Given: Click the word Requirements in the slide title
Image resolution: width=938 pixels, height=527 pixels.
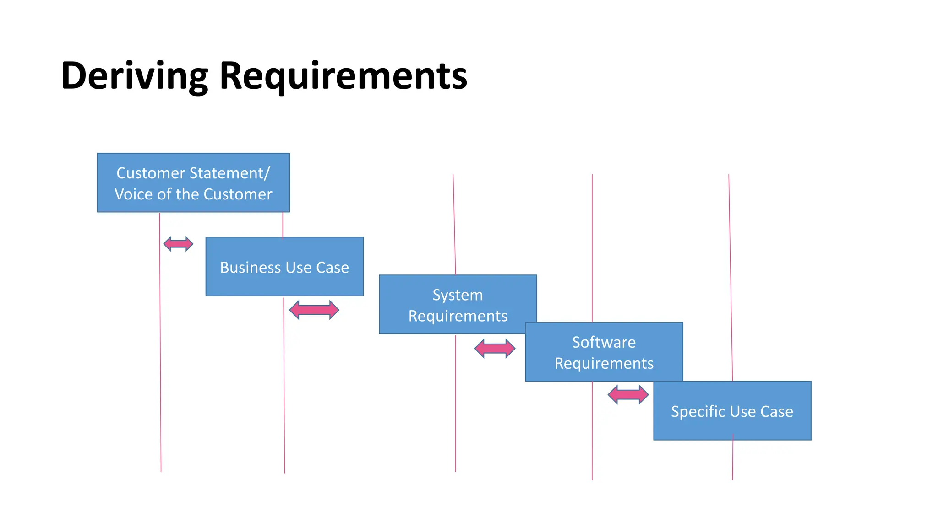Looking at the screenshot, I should pos(343,76).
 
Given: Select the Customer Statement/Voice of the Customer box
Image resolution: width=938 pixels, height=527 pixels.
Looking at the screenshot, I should pos(193,183).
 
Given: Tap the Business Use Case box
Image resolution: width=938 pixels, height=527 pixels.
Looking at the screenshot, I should pos(284,267).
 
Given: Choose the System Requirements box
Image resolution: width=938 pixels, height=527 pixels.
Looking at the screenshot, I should pos(458,305).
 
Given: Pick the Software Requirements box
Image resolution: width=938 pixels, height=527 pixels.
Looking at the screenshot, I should pos(604,352).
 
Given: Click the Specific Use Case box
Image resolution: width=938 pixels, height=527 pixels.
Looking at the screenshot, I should pos(732,411).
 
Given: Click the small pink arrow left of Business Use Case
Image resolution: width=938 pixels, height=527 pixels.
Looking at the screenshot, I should pos(178,244).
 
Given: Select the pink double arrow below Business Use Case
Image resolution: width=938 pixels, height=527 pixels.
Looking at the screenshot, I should pos(314,310).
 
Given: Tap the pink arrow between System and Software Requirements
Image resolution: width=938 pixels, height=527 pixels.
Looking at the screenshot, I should pos(495,349).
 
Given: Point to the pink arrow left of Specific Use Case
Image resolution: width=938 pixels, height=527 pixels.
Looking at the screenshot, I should pos(628,394).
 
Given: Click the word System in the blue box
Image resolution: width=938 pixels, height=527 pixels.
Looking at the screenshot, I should pos(458,295).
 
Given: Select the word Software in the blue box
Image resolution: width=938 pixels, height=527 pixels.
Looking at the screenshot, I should pos(604,342).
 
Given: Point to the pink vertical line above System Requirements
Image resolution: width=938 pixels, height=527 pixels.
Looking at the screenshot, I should pos(454,224).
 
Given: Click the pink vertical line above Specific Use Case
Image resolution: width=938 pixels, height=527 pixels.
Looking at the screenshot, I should pos(731,274).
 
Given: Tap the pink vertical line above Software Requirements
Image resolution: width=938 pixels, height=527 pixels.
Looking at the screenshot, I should pos(592,247).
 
